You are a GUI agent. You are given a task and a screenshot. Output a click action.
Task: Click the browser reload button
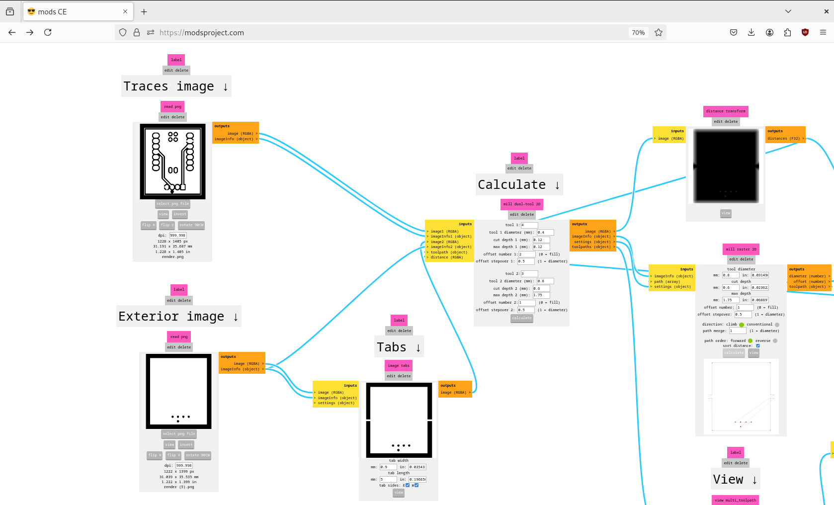pyautogui.click(x=48, y=32)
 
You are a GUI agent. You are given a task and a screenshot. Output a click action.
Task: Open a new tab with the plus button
pyautogui.click(x=144, y=11)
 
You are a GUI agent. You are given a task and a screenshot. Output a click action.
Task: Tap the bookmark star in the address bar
pyautogui.click(x=659, y=32)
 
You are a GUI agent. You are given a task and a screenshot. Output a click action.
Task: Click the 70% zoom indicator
pyautogui.click(x=638, y=32)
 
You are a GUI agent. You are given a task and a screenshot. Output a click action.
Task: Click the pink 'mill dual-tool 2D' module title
pyautogui.click(x=521, y=204)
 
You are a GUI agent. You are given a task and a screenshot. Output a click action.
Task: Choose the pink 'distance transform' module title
pyautogui.click(x=726, y=111)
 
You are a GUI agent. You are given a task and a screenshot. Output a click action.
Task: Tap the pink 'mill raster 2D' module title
pyautogui.click(x=741, y=249)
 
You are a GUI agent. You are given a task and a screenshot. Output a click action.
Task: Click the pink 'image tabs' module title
pyautogui.click(x=399, y=365)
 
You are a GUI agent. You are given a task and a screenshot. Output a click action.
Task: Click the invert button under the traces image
pyautogui.click(x=180, y=214)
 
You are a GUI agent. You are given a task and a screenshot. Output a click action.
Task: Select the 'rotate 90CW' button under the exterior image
pyautogui.click(x=198, y=455)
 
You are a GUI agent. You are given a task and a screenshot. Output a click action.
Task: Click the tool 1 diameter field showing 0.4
pyautogui.click(x=545, y=232)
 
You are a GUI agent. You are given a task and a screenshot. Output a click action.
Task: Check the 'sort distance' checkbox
pyautogui.click(x=758, y=345)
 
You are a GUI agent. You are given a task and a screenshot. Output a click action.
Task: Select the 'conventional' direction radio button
pyautogui.click(x=777, y=325)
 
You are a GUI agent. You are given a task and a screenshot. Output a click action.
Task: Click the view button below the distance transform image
pyautogui.click(x=726, y=213)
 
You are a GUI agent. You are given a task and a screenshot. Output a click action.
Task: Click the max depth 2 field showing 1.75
pyautogui.click(x=541, y=295)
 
